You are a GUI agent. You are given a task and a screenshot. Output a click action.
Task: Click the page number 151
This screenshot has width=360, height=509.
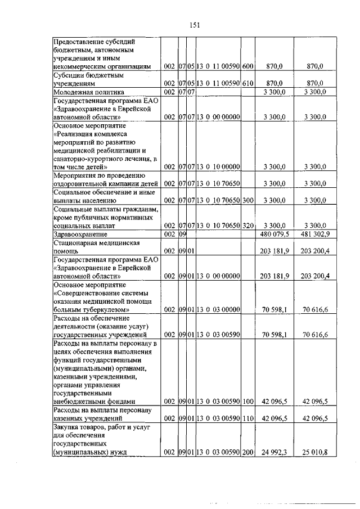195,24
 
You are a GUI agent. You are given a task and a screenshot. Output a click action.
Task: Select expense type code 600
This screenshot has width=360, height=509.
248,66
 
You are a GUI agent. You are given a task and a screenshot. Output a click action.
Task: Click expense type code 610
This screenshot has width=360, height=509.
248,83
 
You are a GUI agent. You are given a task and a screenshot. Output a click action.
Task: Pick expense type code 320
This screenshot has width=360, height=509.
248,225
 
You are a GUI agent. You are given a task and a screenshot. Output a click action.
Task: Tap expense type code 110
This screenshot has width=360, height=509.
248,418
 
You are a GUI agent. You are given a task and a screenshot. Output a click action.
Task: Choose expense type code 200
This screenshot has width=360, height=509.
248,452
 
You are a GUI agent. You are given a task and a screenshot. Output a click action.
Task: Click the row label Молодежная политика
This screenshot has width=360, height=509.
88,91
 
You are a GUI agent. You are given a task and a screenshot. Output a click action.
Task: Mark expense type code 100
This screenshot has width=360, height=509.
248,402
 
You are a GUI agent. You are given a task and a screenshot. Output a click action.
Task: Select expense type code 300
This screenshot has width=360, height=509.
248,200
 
